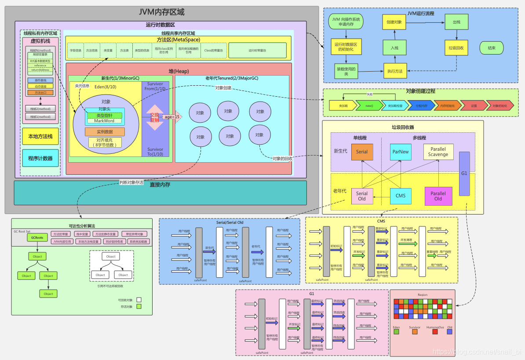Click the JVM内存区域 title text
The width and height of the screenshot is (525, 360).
tap(161, 12)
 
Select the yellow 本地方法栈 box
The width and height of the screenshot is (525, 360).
tap(40, 137)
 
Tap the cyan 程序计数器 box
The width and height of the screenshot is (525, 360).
tap(40, 158)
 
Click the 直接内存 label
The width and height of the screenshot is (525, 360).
tap(160, 185)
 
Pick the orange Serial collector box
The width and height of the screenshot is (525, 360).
tap(362, 152)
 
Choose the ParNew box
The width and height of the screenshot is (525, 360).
tap(401, 152)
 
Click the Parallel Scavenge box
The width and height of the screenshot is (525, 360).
tap(438, 152)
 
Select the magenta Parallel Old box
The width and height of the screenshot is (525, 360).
tap(438, 196)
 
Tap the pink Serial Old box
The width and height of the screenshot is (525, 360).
tap(362, 196)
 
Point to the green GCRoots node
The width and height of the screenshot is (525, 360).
tap(36, 237)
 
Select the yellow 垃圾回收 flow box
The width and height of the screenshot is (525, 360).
tap(456, 48)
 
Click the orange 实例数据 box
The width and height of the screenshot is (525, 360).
tap(105, 132)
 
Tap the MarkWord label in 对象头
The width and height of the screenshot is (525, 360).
tap(104, 121)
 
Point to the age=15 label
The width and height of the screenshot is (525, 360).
tap(171, 117)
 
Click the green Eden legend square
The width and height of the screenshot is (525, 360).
tap(396, 332)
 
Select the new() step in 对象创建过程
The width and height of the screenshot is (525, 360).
tap(369, 105)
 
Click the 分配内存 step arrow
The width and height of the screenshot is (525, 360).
tap(421, 105)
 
